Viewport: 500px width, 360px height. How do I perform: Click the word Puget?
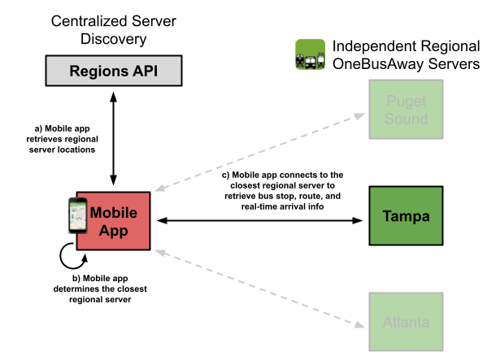pyautogui.click(x=406, y=102)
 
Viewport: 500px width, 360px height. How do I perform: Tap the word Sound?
pyautogui.click(x=406, y=119)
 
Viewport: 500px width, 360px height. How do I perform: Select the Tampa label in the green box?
pyautogui.click(x=406, y=216)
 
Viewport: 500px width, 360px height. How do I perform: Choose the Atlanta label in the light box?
pyautogui.click(x=406, y=322)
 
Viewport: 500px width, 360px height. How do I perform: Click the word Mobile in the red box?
pyautogui.click(x=113, y=213)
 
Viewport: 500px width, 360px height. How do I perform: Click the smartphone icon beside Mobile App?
pyautogui.click(x=77, y=215)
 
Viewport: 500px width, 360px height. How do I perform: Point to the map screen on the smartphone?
pyautogui.click(x=78, y=215)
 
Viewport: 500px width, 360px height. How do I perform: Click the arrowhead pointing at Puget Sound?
pyautogui.click(x=360, y=116)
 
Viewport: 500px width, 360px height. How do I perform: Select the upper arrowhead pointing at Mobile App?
pyautogui.click(x=159, y=189)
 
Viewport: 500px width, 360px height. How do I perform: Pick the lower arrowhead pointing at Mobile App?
pyautogui.click(x=159, y=253)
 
